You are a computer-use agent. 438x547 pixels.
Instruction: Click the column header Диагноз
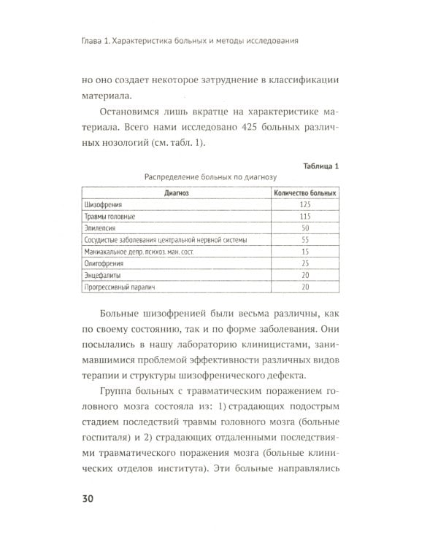click(x=177, y=193)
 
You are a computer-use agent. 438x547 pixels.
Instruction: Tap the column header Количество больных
click(x=305, y=193)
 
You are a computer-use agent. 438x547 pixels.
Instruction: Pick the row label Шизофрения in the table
click(x=101, y=205)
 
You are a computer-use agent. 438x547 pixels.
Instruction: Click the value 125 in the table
click(x=305, y=205)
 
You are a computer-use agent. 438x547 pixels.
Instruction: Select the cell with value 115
click(x=305, y=217)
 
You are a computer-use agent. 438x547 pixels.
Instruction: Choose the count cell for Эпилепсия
click(x=305, y=228)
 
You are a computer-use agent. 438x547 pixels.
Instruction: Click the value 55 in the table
click(x=305, y=240)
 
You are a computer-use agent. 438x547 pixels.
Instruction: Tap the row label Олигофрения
click(x=101, y=263)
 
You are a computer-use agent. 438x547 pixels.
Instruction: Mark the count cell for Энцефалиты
click(x=305, y=275)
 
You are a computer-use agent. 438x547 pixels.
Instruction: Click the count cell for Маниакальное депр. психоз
click(x=305, y=252)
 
